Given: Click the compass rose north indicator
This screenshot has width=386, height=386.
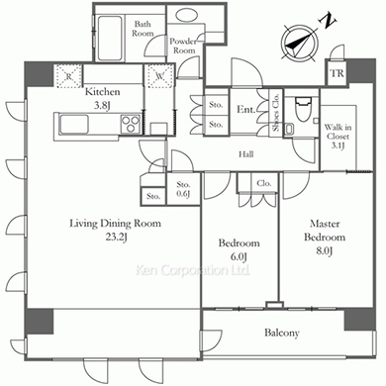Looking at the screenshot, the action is tap(300, 43).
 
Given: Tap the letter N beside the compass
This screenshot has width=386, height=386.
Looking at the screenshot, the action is tap(329, 21).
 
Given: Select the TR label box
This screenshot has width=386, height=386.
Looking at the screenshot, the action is tap(337, 73).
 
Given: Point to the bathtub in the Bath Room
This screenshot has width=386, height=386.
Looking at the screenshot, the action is tap(109, 38).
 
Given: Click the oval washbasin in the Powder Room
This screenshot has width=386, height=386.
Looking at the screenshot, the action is tap(186, 15).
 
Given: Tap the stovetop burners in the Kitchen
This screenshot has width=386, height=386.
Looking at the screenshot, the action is tap(131, 124).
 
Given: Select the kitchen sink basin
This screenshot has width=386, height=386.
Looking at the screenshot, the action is tap(73, 125).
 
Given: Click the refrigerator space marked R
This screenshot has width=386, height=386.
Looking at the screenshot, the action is tap(68, 76).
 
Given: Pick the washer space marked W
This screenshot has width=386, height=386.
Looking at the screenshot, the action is tap(160, 76).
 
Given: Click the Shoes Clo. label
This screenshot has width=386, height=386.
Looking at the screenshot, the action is tap(276, 113).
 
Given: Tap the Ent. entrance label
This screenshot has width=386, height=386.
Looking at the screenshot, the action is tap(245, 110).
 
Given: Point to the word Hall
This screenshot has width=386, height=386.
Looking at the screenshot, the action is tap(246, 153).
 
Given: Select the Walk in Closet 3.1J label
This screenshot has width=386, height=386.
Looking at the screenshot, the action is tap(338, 137).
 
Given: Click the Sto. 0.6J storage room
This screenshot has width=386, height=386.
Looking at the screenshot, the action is tap(183, 189).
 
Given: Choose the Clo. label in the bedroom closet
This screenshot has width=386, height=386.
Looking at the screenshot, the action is tap(264, 183).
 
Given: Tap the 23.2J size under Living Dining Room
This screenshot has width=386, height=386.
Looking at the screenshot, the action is tap(116, 237).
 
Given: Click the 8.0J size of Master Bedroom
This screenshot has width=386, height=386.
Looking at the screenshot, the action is tap(324, 250).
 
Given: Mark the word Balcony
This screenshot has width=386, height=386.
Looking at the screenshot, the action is tap(282, 333).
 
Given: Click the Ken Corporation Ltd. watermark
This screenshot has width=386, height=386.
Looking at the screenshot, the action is tap(193, 270).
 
